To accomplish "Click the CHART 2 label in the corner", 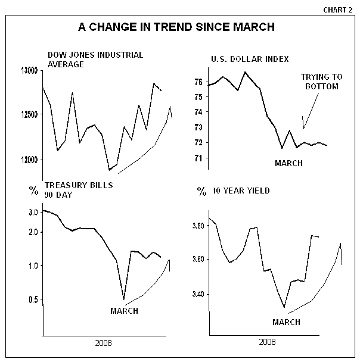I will point(340,10).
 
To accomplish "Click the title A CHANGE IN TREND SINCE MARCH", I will point(177,27).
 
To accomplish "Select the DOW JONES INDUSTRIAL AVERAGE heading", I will point(95,60).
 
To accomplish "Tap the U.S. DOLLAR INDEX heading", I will point(250,59).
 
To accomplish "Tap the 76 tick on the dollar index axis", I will point(198,82).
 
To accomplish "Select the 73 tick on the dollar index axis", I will point(198,127).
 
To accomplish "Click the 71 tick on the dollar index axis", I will point(198,158).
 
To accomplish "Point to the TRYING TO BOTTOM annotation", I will point(319,82).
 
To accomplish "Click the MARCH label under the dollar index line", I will point(288,163).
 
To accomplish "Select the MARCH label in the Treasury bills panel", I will point(124,311).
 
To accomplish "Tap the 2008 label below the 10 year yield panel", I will point(267,342).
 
